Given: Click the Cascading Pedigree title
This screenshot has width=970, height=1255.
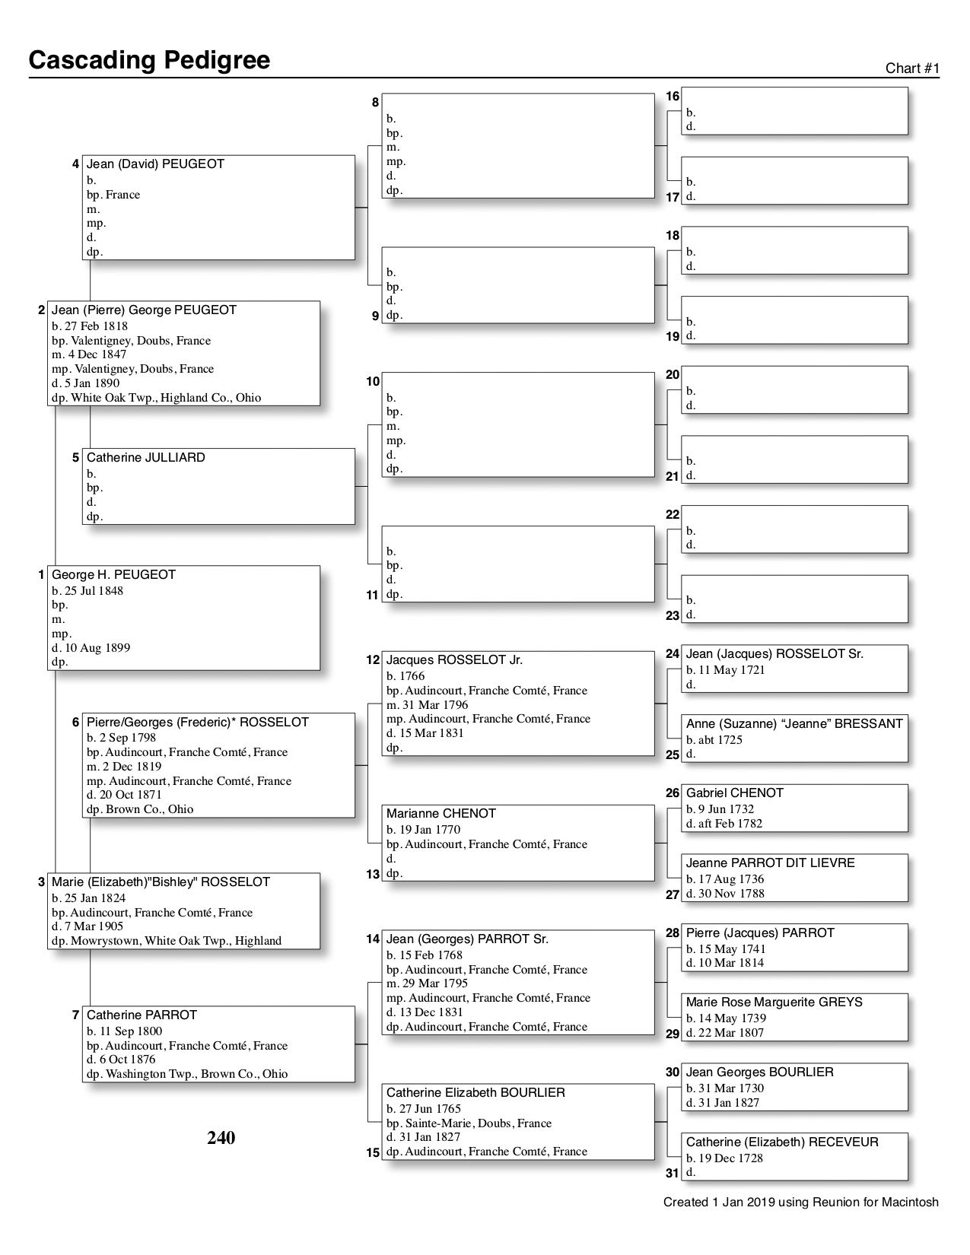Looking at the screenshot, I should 149,60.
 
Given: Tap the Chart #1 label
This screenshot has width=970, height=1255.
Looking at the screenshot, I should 912,68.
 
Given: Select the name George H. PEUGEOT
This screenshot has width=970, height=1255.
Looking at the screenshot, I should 113,575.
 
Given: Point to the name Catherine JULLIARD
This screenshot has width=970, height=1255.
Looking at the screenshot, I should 145,458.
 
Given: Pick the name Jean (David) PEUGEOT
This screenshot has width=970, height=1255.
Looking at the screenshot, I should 155,164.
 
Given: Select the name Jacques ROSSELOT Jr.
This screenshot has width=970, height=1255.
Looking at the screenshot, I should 454,660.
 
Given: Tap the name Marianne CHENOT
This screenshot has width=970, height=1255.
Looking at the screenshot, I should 440,814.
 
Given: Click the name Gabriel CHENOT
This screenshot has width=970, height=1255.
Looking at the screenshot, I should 734,793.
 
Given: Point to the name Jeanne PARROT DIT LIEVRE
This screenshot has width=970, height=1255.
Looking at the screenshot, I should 770,863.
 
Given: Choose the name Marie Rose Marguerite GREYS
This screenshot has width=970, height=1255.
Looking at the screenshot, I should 774,1002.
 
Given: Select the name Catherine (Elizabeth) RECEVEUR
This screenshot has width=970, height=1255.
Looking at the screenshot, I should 782,1142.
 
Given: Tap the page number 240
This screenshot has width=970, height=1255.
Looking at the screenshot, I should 221,1138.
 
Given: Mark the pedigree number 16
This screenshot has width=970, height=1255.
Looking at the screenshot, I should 673,97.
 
